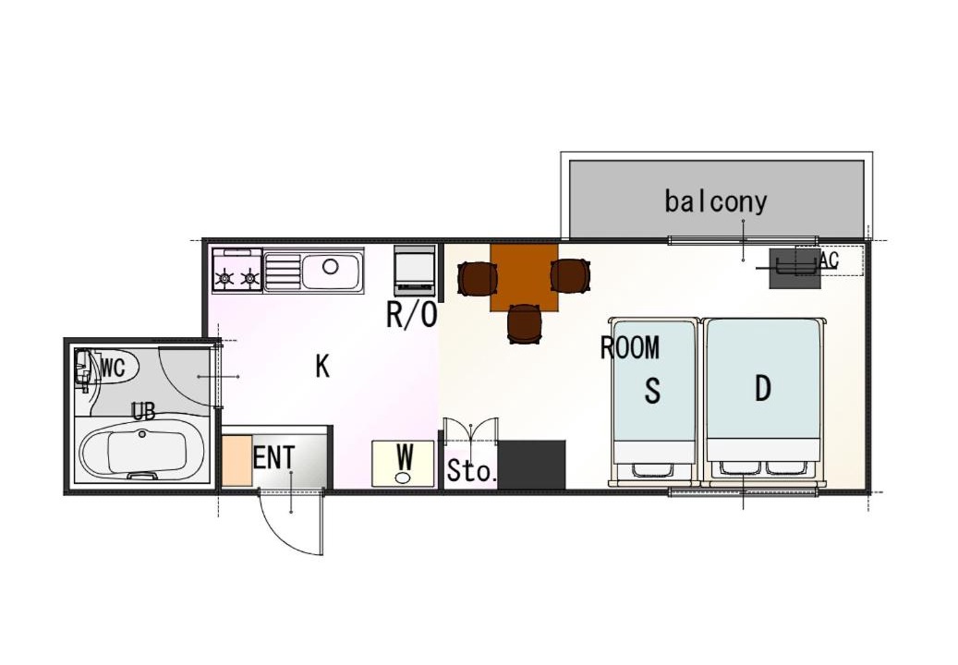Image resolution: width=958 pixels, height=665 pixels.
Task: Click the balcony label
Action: tap(715, 201)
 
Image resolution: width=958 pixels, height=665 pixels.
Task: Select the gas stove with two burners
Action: tap(237, 270)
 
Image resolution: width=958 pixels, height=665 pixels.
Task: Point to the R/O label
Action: tap(412, 315)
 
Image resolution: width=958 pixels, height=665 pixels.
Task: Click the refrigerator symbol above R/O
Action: tap(415, 270)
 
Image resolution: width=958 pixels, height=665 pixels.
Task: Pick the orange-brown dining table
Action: tap(524, 277)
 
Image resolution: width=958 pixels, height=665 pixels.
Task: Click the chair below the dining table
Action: tap(524, 323)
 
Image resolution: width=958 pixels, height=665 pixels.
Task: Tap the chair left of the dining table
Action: tap(478, 278)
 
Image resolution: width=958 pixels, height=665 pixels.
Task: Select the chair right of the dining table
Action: tap(571, 275)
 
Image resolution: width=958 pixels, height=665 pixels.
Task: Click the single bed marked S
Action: tap(654, 401)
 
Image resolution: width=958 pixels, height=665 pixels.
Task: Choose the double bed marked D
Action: tap(764, 401)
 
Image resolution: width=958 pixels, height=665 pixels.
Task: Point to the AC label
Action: tap(829, 260)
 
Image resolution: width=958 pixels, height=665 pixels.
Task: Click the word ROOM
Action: tap(630, 348)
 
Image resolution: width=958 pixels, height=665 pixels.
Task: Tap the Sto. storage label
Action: tap(471, 471)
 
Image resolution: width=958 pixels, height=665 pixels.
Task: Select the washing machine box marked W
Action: tap(403, 464)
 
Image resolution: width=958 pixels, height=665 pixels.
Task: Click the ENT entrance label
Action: tap(273, 458)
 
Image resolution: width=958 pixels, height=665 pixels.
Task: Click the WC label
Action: tap(113, 368)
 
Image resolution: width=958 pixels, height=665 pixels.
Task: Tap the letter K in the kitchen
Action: tap(322, 367)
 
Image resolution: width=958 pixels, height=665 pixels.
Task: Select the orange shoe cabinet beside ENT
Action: tap(237, 461)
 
